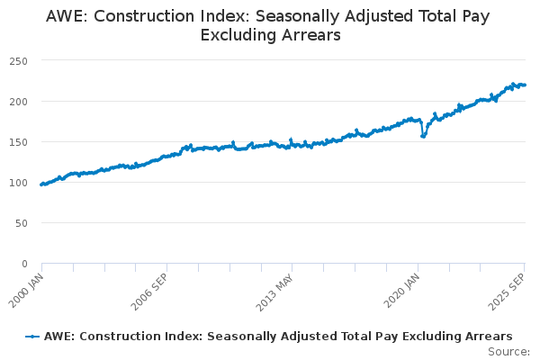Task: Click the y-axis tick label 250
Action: point(18,60)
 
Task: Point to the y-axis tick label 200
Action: point(18,101)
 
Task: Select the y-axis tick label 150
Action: point(18,141)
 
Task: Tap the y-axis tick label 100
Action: point(18,182)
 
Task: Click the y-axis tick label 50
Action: point(21,222)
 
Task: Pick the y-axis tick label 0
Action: point(24,263)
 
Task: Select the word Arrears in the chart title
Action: point(312,36)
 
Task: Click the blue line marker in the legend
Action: point(32,336)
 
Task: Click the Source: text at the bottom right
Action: point(508,352)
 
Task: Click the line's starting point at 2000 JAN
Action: point(41,184)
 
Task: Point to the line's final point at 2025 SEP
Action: point(526,85)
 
